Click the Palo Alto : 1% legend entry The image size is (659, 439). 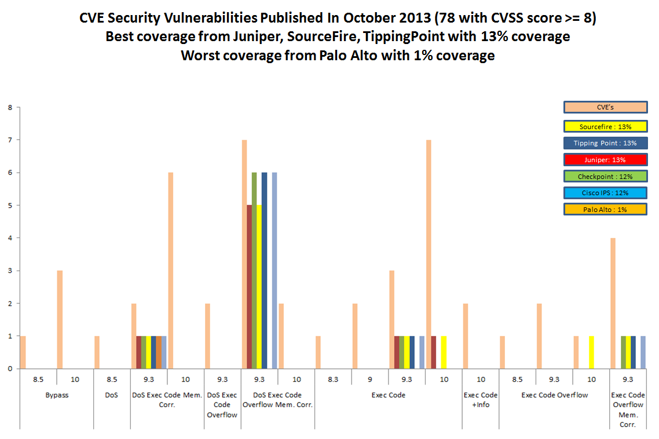pyautogui.click(x=605, y=209)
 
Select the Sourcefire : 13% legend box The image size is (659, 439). pyautogui.click(x=605, y=126)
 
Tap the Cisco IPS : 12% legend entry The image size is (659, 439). pyautogui.click(x=605, y=193)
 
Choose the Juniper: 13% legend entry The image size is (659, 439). pyautogui.click(x=605, y=159)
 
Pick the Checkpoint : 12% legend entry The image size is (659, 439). pyautogui.click(x=605, y=176)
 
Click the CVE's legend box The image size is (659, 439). pyautogui.click(x=605, y=107)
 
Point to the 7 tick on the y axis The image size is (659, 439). pyautogui.click(x=10, y=140)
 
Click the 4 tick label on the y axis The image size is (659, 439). pyautogui.click(x=10, y=238)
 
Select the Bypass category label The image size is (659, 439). pyautogui.click(x=57, y=396)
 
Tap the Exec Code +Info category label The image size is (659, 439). pyautogui.click(x=481, y=400)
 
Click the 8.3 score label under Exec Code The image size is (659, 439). pyautogui.click(x=333, y=380)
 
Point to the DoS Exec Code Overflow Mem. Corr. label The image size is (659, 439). pyautogui.click(x=277, y=400)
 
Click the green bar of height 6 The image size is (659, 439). pyautogui.click(x=254, y=270)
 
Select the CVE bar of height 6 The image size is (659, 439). pyautogui.click(x=171, y=270)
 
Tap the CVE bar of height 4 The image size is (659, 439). pyautogui.click(x=613, y=303)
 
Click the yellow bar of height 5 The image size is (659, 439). pyautogui.click(x=259, y=287)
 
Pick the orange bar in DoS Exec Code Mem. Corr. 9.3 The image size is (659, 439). pyautogui.click(x=159, y=352)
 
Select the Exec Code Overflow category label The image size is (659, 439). pyautogui.click(x=554, y=396)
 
